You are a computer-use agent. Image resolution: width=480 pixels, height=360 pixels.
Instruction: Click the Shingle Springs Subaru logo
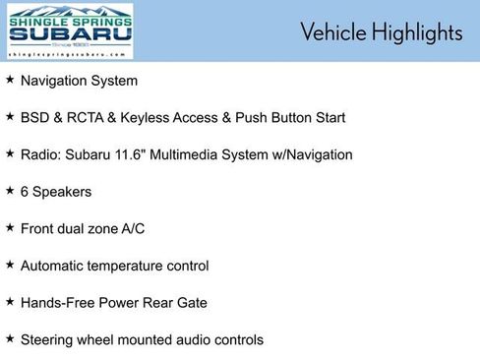click(70, 31)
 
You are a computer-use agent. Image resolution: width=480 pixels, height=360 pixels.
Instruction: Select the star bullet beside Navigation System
click(10, 80)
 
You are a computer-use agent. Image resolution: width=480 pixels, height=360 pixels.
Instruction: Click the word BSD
click(35, 117)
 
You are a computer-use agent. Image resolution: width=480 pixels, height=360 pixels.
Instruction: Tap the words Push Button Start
click(292, 117)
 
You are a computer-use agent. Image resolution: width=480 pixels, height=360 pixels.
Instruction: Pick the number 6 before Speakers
click(25, 192)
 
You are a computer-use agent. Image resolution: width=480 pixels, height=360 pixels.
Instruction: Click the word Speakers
click(63, 192)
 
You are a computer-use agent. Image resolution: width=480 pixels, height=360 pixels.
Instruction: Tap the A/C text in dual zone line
click(132, 228)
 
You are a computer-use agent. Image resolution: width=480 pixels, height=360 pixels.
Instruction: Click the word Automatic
click(53, 266)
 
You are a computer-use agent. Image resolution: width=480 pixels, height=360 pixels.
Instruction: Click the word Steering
click(47, 340)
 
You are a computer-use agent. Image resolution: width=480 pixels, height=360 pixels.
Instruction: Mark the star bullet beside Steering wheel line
click(10, 339)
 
